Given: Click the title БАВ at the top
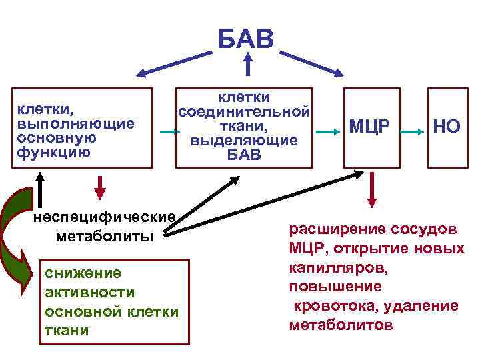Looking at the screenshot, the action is (x=246, y=38).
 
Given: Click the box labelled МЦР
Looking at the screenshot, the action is (x=372, y=127).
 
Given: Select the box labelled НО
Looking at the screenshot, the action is (x=446, y=127).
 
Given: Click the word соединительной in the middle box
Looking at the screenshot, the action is (x=244, y=111).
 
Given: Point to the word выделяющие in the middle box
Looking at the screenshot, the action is (x=244, y=141).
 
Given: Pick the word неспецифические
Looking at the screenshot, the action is (x=105, y=218).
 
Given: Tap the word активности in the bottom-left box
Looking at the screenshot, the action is (x=89, y=293).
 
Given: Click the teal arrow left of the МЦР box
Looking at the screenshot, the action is (x=327, y=131).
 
